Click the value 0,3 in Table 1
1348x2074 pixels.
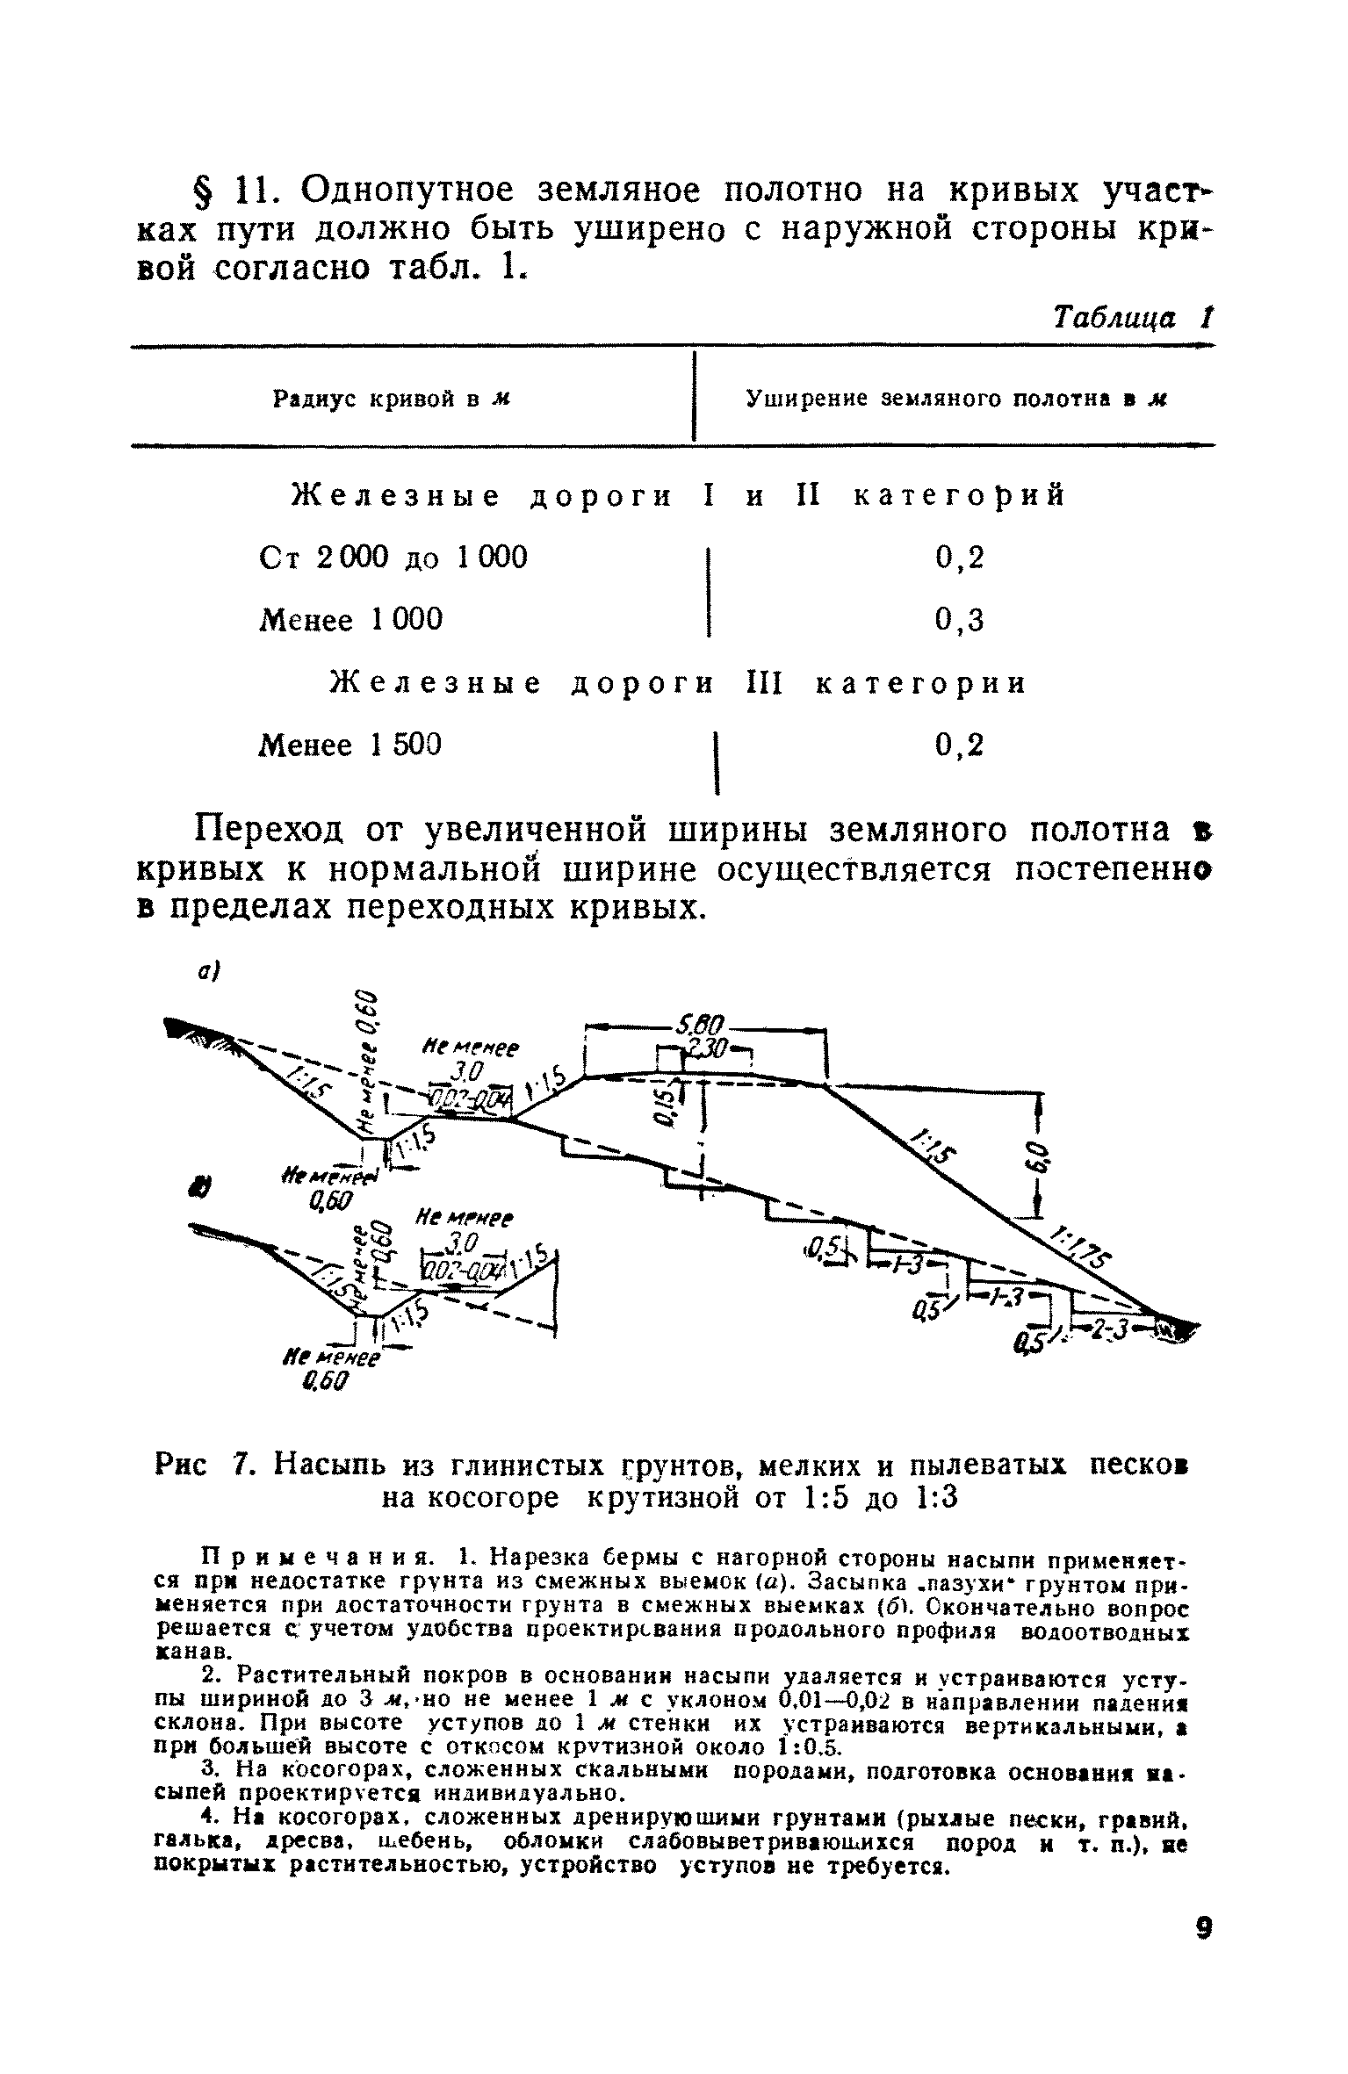coord(960,620)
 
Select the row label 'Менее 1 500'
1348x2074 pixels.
coord(349,745)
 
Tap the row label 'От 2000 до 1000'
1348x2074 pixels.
coord(394,557)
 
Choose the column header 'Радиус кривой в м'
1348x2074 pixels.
coord(393,400)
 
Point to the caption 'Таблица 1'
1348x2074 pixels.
coord(1132,316)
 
